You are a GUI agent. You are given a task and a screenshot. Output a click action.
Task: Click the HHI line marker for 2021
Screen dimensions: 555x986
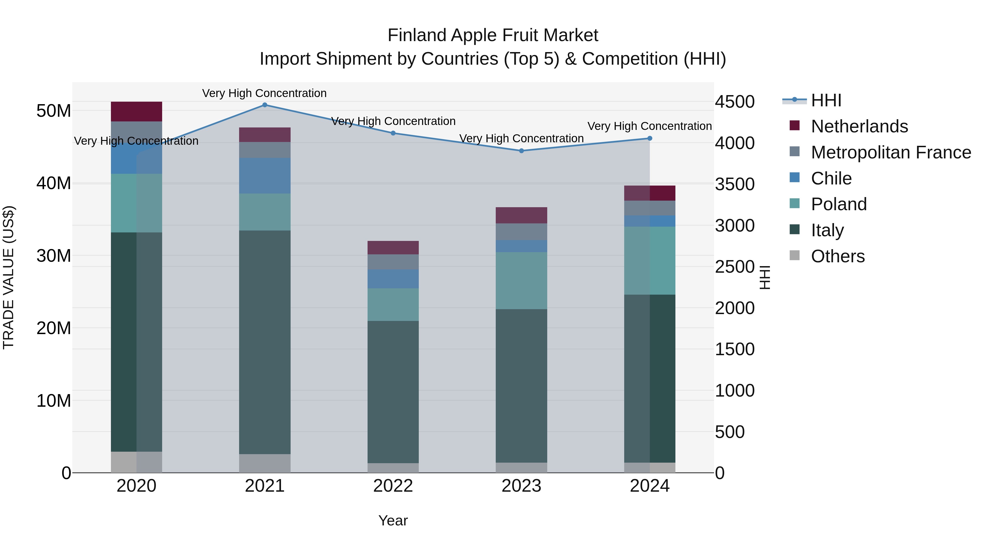pyautogui.click(x=265, y=105)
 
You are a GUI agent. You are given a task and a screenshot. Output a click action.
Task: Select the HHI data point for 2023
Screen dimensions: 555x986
pyautogui.click(x=521, y=151)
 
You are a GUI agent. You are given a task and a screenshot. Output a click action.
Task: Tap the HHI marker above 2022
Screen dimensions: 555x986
pyautogui.click(x=393, y=133)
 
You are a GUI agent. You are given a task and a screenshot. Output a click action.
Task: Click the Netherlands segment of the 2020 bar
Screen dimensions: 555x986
pyautogui.click(x=137, y=112)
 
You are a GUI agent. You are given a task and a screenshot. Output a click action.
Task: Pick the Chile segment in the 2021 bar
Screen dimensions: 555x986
pyautogui.click(x=265, y=175)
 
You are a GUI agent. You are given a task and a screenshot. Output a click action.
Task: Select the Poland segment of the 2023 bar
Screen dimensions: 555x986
pyautogui.click(x=521, y=280)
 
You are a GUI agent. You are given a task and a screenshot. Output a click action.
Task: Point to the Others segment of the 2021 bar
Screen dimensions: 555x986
pyautogui.click(x=265, y=463)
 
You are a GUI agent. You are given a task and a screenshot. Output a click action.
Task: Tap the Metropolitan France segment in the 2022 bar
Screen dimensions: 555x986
pyautogui.click(x=393, y=262)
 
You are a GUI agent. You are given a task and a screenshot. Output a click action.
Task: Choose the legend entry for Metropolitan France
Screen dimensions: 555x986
pyautogui.click(x=890, y=152)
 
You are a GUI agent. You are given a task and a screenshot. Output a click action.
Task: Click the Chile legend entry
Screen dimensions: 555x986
pyautogui.click(x=831, y=178)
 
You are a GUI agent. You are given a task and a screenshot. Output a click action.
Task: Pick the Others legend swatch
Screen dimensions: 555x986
pyautogui.click(x=795, y=255)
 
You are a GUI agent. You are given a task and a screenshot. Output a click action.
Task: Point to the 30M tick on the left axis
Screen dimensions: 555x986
pyautogui.click(x=54, y=256)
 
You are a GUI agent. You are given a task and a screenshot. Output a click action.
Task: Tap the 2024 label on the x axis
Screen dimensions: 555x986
pyautogui.click(x=650, y=486)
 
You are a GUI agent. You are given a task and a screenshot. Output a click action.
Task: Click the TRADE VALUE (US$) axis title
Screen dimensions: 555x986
pyautogui.click(x=8, y=277)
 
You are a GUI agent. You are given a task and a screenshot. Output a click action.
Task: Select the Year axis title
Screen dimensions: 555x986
pyautogui.click(x=393, y=520)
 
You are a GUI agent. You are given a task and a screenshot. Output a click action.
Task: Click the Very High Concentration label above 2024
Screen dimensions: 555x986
pyautogui.click(x=650, y=126)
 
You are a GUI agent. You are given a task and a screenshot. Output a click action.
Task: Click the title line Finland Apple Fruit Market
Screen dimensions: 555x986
pyautogui.click(x=493, y=35)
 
